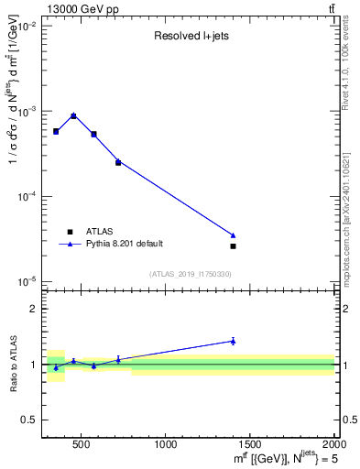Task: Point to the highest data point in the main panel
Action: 73,115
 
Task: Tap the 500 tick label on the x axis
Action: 81,444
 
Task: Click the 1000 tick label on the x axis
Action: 166,444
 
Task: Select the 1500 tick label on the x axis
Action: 250,444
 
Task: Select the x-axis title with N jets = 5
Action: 281,457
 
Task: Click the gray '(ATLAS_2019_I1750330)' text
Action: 191,274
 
